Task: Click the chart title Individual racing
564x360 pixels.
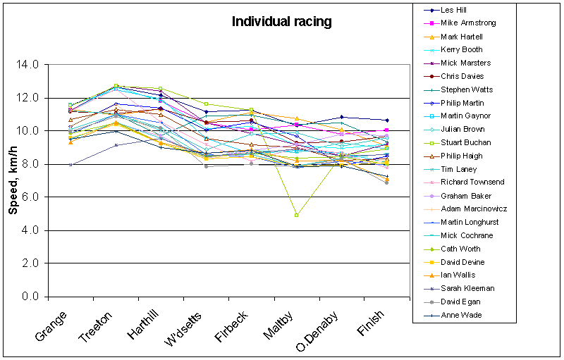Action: pos(281,22)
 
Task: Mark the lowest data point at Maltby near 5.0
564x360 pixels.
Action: pos(297,215)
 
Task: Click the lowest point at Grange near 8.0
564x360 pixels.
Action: pos(70,165)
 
